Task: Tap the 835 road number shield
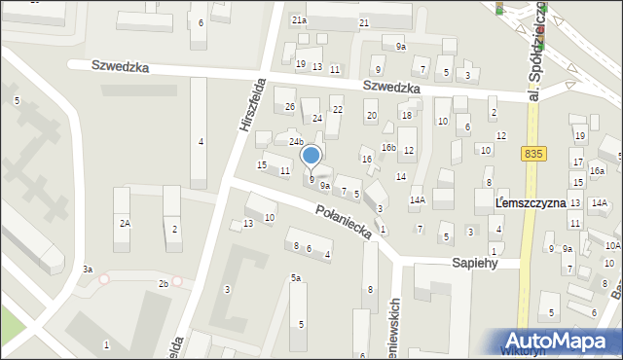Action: coord(533,154)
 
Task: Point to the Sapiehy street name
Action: coord(475,263)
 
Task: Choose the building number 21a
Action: coord(299,19)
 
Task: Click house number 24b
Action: coord(295,142)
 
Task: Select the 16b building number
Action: coord(388,148)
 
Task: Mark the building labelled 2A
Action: coord(124,223)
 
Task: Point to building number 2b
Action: coord(164,283)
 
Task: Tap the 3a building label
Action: coord(87,269)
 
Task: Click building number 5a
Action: coord(295,278)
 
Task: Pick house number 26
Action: coord(289,106)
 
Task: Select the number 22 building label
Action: coord(338,109)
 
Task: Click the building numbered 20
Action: coord(371,116)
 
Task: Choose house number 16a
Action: coord(597,171)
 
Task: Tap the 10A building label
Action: coord(612,246)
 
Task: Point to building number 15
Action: coord(261,165)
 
